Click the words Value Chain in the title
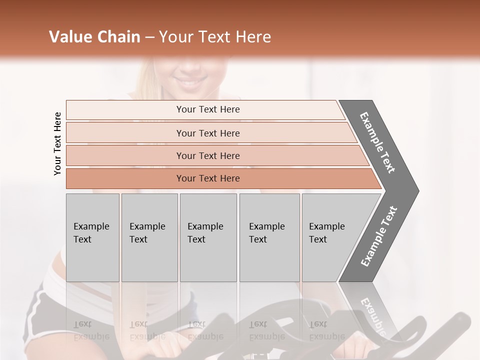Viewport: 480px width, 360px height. pos(94,37)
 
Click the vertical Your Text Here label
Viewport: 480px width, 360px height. pos(57,143)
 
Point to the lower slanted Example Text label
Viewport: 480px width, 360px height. pos(378,236)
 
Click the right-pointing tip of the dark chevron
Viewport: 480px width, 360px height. pos(416,191)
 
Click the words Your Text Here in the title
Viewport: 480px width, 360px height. pos(214,37)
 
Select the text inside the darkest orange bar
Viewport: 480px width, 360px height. pos(208,178)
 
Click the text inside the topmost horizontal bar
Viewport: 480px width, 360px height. pos(208,109)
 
